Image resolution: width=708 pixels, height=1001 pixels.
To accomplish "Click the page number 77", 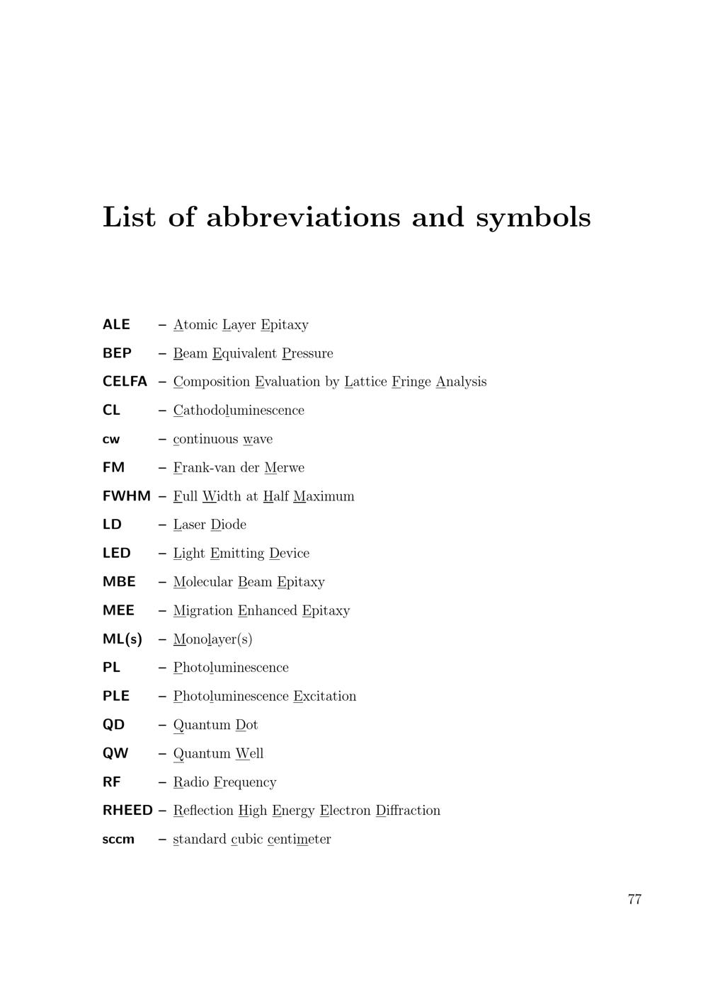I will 634,899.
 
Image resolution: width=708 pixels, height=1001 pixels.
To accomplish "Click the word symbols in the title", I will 533,217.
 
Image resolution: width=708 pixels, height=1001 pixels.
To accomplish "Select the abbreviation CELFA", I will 125,382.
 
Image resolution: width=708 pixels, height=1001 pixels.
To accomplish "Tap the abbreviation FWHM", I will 127,496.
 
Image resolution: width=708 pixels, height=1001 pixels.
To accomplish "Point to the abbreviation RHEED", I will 127,811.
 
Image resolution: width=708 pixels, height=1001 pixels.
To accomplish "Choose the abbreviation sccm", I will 118,840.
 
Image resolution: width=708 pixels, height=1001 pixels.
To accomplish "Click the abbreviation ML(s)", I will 122,639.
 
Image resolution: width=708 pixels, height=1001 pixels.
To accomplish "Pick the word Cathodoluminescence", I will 239,411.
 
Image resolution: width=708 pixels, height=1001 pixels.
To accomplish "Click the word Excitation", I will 325,697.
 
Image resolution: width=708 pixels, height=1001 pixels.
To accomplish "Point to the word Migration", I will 203,611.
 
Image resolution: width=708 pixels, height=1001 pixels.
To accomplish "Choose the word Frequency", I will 245,782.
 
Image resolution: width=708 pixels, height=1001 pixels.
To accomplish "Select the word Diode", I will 229,525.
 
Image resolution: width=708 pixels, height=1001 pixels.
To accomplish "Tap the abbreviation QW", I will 115,754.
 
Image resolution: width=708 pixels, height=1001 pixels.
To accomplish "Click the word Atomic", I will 195,325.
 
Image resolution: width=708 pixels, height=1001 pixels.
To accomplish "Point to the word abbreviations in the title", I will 303,217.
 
